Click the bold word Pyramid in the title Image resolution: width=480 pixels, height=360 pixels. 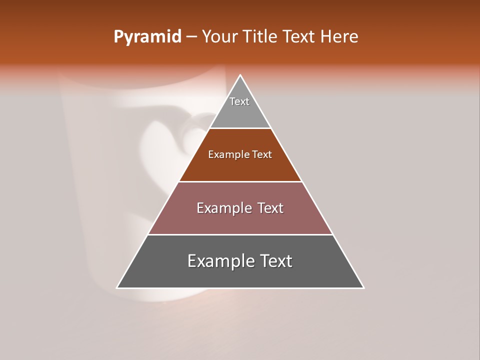pyautogui.click(x=147, y=37)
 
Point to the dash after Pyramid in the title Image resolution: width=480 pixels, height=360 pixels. pyautogui.click(x=191, y=37)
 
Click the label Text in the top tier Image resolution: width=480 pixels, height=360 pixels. pyautogui.click(x=239, y=101)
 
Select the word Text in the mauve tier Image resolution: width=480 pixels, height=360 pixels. pyautogui.click(x=270, y=208)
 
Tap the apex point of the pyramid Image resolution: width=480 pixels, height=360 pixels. pyautogui.click(x=240, y=75)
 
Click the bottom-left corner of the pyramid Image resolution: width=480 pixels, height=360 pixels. pyautogui.click(x=117, y=288)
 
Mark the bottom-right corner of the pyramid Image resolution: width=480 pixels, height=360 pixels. pyautogui.click(x=363, y=288)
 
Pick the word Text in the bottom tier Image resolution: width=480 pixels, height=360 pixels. pyautogui.click(x=275, y=261)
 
